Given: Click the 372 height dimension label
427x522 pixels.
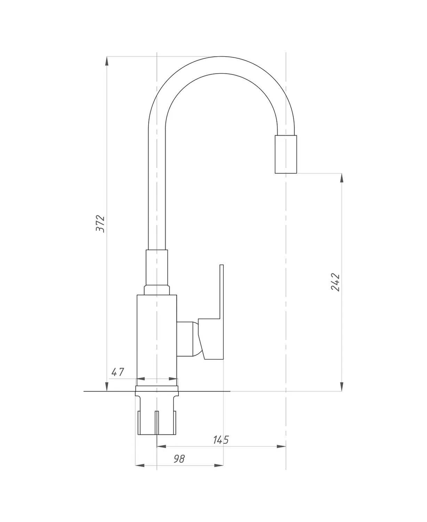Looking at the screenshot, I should tap(100, 224).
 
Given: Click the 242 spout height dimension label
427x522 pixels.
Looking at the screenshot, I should tap(335, 282).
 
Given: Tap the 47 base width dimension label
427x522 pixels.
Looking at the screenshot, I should tap(117, 372).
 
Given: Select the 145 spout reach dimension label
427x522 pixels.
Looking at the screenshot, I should tap(221, 440).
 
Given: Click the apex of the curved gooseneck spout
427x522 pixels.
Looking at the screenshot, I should tap(221, 65).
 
